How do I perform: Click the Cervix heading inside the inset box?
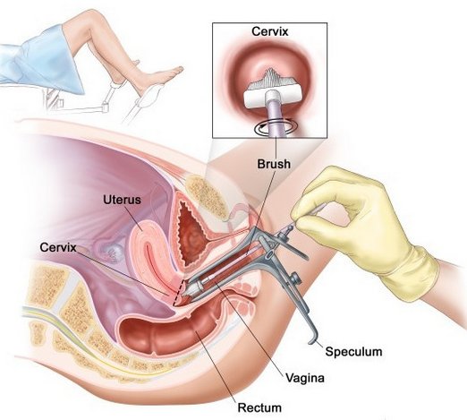click(x=270, y=31)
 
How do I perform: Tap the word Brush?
click(x=274, y=164)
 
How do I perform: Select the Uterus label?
click(x=122, y=200)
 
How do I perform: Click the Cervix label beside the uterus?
click(x=58, y=247)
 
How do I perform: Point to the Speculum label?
click(x=353, y=351)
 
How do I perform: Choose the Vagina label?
click(x=305, y=378)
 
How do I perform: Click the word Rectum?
click(x=259, y=407)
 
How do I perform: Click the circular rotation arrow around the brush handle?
click(x=276, y=127)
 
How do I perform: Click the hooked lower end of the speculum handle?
click(x=313, y=340)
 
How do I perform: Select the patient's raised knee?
click(x=98, y=15)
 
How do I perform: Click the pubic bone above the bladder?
click(x=206, y=196)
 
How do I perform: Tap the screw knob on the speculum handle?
click(x=295, y=279)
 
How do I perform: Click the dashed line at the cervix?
click(x=178, y=293)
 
